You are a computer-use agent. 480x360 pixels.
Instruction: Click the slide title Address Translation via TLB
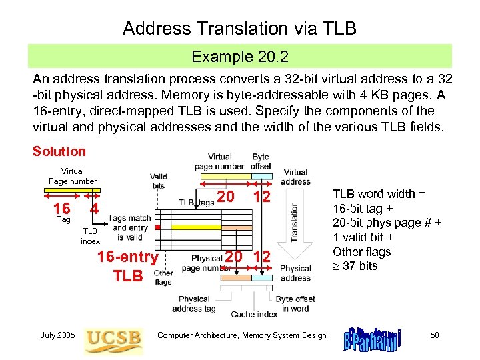click(x=240, y=28)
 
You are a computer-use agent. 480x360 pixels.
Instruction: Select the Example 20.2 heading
click(x=240, y=57)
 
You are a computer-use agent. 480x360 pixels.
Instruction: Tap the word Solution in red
click(x=59, y=151)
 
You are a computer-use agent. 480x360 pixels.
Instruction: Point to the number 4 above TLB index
click(x=95, y=207)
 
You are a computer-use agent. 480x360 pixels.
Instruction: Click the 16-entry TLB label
click(x=127, y=266)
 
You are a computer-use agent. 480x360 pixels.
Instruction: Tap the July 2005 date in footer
click(x=58, y=335)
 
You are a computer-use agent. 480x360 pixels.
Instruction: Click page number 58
click(x=435, y=335)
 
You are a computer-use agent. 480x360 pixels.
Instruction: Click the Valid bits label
click(x=159, y=181)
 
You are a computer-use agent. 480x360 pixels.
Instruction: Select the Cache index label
click(x=254, y=314)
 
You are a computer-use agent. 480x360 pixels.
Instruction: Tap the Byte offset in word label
click(x=295, y=303)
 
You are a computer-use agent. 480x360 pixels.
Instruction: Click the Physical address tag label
click(x=194, y=303)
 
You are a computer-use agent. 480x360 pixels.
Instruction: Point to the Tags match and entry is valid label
click(x=129, y=227)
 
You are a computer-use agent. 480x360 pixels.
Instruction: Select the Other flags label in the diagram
click(x=163, y=277)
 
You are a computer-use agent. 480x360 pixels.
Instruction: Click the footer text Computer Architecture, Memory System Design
click(x=242, y=335)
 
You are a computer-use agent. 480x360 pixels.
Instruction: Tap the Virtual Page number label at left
click(x=72, y=176)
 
